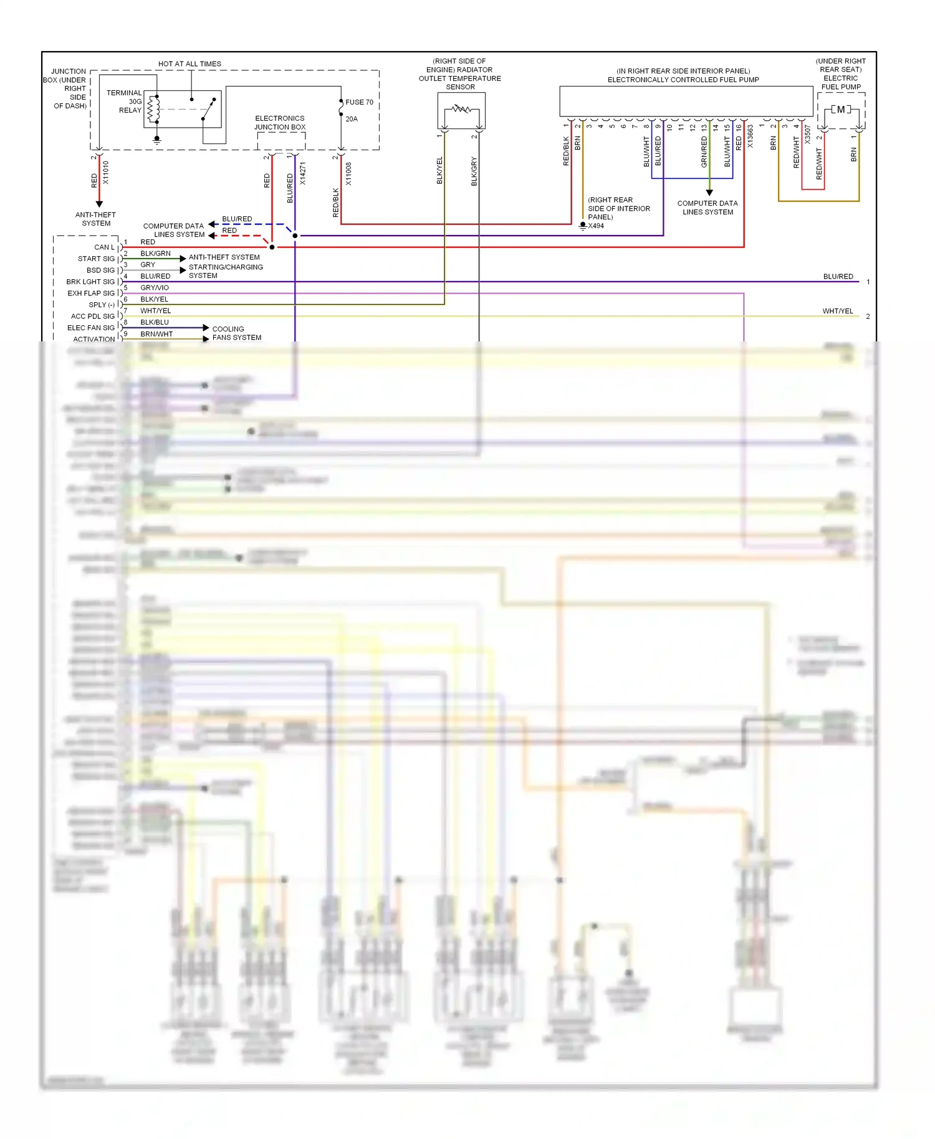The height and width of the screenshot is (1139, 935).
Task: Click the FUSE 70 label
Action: [359, 102]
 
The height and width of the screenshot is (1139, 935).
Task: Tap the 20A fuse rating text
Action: [352, 119]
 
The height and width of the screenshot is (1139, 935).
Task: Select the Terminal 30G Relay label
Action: [124, 102]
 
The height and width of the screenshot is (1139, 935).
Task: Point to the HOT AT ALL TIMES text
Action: [189, 64]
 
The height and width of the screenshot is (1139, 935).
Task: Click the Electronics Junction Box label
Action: [280, 123]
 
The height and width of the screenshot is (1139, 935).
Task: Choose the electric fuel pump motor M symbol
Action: [841, 110]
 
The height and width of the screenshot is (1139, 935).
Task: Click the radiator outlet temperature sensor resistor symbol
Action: [461, 109]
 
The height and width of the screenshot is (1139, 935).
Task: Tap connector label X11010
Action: [106, 173]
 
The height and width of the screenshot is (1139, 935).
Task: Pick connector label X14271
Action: [303, 174]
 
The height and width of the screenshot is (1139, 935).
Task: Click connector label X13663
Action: [750, 136]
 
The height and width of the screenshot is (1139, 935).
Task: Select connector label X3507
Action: [808, 135]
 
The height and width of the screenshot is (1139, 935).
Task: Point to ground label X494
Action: [596, 226]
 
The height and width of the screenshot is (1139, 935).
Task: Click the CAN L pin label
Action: [104, 247]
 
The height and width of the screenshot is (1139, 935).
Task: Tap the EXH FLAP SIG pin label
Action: [91, 293]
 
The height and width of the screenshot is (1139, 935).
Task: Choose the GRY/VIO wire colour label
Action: [155, 288]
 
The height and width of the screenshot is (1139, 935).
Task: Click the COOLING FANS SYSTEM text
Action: [236, 333]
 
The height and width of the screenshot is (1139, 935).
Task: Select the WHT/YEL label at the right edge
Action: [837, 311]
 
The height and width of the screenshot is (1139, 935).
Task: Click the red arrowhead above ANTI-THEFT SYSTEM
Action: [99, 204]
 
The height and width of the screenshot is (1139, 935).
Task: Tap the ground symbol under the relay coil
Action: [157, 141]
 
